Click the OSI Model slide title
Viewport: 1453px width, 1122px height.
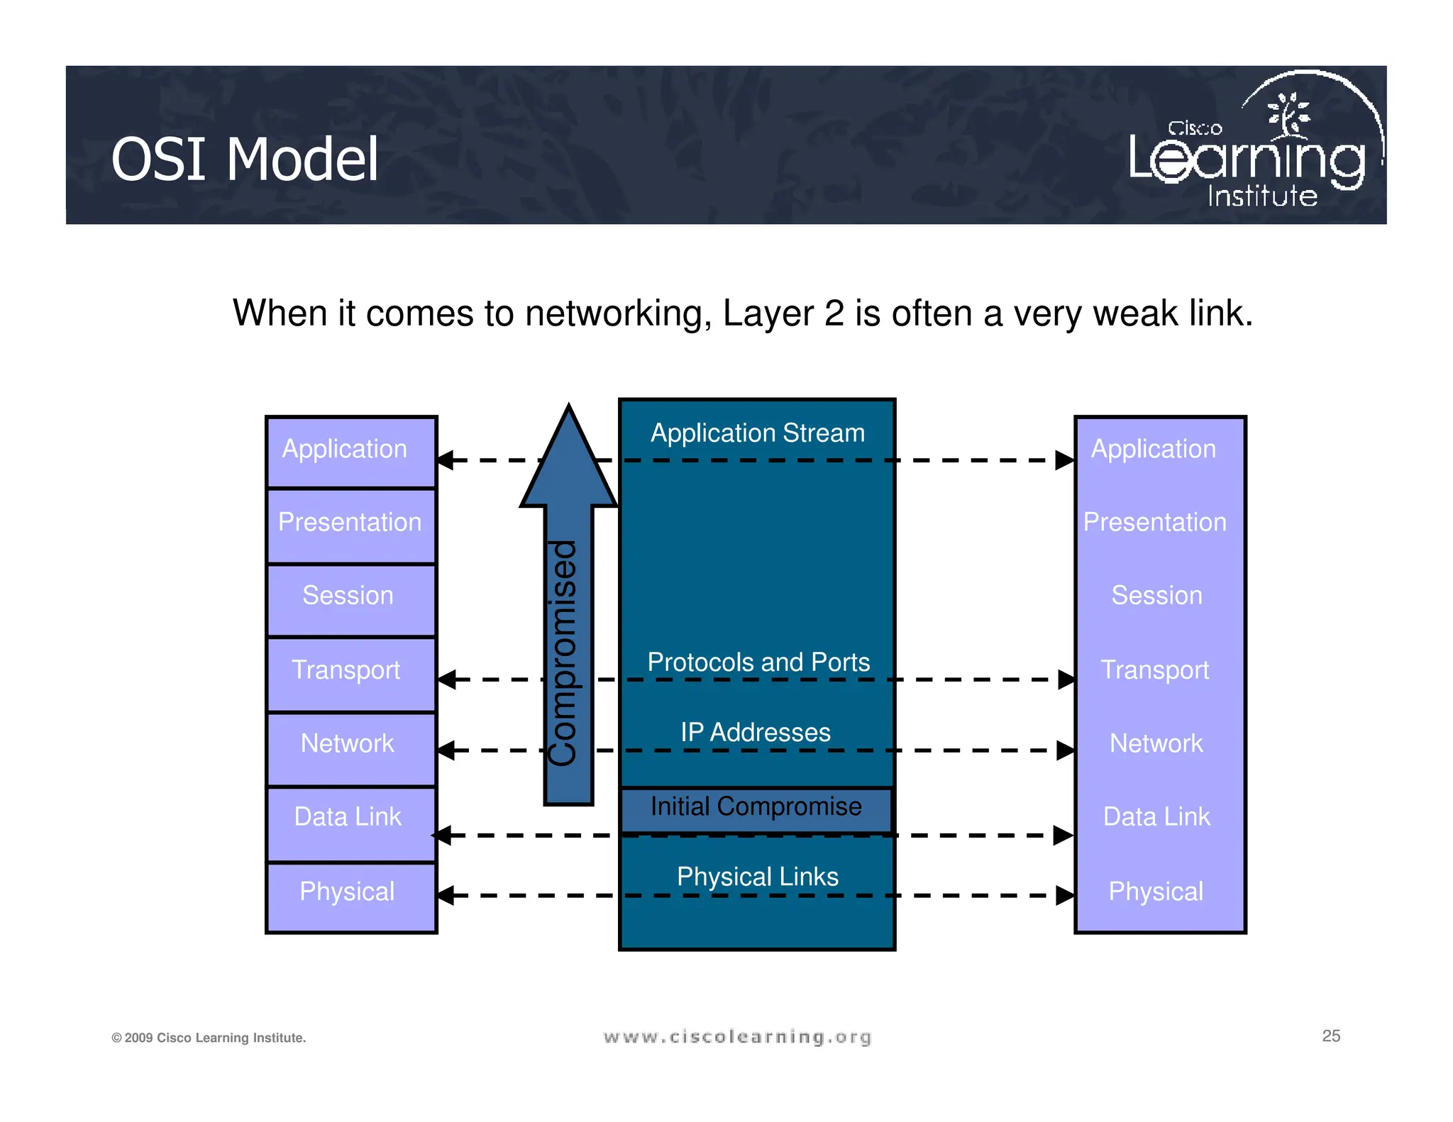[x=245, y=160]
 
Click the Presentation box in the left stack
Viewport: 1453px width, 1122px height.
[x=350, y=525]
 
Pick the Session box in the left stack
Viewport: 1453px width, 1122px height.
[x=350, y=599]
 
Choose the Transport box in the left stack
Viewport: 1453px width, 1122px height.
[x=350, y=672]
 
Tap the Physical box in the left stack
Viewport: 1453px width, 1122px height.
[x=350, y=895]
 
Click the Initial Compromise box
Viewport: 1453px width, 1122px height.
[x=756, y=808]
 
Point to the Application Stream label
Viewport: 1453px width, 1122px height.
[x=757, y=433]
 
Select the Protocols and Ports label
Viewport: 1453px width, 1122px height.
[x=758, y=662]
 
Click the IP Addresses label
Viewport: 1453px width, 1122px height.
[x=755, y=732]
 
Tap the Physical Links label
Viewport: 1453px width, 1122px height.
[x=757, y=877]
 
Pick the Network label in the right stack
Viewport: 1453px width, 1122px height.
[x=1156, y=743]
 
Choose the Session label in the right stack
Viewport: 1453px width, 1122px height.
[x=1156, y=595]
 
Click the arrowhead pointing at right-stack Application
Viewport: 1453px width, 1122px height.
[x=1063, y=460]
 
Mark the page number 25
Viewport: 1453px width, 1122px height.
[x=1331, y=1035]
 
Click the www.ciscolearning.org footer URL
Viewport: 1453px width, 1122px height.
[x=737, y=1037]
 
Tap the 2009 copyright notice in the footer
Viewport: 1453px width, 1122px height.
[x=209, y=1038]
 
